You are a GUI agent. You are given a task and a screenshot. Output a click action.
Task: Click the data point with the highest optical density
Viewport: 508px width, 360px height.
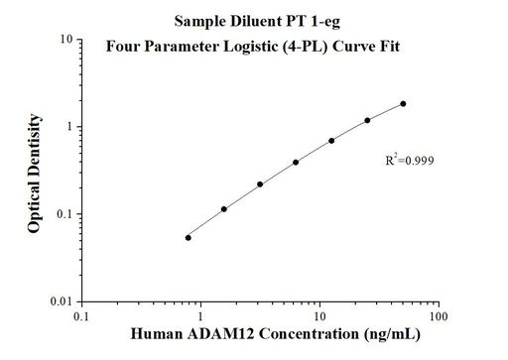tap(403, 103)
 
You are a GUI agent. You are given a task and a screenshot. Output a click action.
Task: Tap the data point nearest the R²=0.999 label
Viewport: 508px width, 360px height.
tap(367, 120)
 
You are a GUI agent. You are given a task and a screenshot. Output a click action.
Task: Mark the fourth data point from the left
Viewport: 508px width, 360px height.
tap(296, 163)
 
